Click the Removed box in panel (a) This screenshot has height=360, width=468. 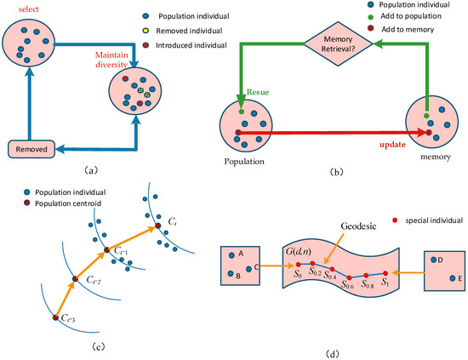[31, 149]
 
